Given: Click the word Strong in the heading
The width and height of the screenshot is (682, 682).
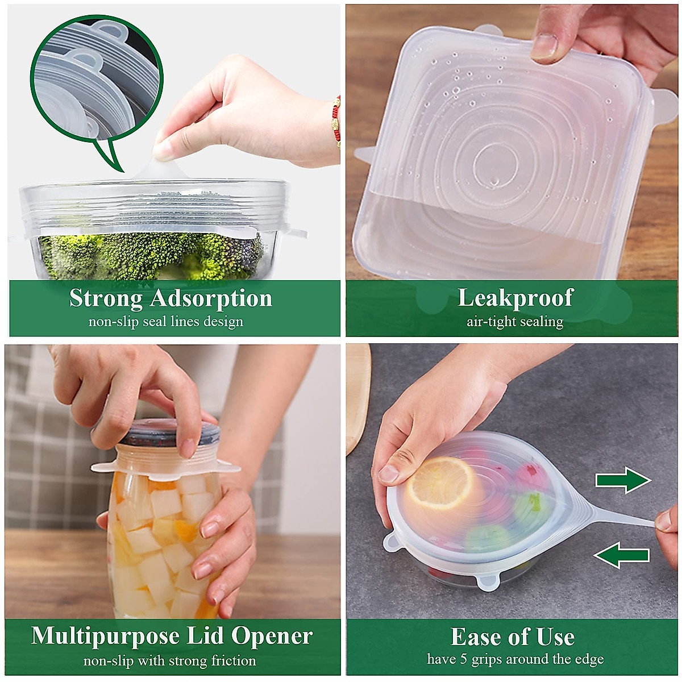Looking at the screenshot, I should click(106, 298).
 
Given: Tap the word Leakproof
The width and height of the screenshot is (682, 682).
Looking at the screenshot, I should click(515, 298).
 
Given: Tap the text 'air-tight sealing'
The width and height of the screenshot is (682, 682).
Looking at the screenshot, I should click(515, 322).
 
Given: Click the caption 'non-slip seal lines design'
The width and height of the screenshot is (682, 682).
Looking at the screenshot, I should click(165, 322).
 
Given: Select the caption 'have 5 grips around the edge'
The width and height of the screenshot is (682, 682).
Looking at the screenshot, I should click(515, 659).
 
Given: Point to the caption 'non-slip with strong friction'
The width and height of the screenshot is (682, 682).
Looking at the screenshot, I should click(169, 661).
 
